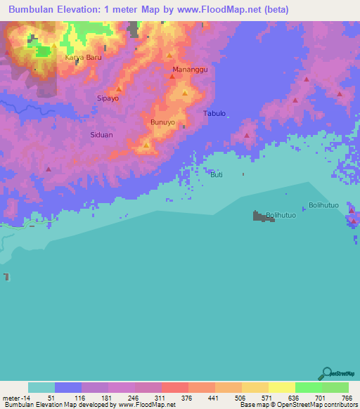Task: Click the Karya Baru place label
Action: tap(83, 58)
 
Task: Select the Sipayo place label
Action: tap(108, 99)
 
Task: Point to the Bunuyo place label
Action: tap(162, 122)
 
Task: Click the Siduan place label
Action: tap(101, 134)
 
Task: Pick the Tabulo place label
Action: tap(214, 113)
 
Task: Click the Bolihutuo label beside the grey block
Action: tap(281, 215)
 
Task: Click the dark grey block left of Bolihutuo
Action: tap(263, 217)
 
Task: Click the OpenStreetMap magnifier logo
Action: tap(326, 373)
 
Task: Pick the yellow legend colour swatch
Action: tap(282, 387)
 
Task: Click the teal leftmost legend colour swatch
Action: tap(41, 387)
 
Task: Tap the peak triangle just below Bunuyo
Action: tap(146, 145)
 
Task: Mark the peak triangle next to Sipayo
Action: tap(120, 89)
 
